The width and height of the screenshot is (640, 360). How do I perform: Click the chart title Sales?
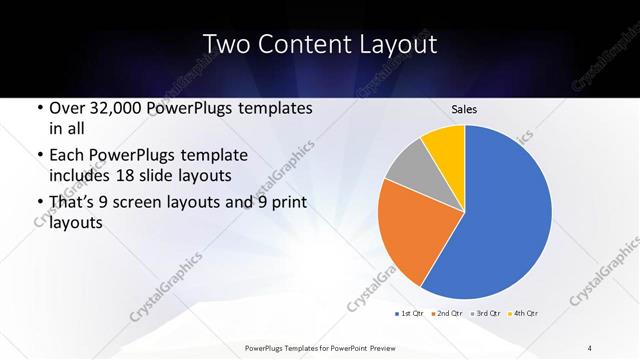pyautogui.click(x=464, y=108)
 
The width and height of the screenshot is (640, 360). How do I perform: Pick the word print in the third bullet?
pyautogui.click(x=285, y=203)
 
